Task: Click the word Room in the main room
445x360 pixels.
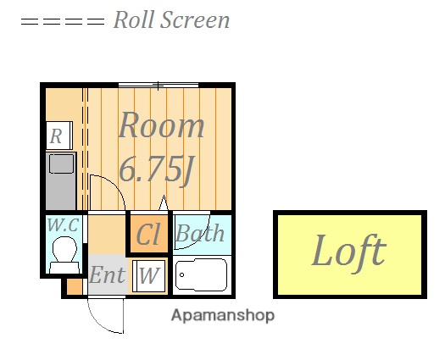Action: (x=161, y=125)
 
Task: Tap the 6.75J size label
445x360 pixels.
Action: (x=157, y=169)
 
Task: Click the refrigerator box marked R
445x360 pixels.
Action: (x=58, y=136)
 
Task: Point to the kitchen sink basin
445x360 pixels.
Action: (x=61, y=163)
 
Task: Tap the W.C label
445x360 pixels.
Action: (x=63, y=225)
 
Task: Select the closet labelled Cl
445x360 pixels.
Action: (x=148, y=234)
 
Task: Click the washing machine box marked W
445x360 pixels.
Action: (x=148, y=276)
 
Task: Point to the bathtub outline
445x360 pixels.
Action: (x=201, y=275)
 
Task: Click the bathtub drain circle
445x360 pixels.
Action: (x=182, y=274)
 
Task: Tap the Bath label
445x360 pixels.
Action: (x=200, y=233)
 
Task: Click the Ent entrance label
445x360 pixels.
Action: (x=107, y=274)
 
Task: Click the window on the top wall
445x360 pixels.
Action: (x=159, y=85)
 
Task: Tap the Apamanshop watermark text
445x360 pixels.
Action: (x=223, y=315)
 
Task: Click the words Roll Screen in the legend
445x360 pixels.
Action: (x=171, y=19)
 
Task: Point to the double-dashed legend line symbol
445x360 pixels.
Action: (x=63, y=21)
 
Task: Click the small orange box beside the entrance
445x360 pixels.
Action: (x=75, y=287)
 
